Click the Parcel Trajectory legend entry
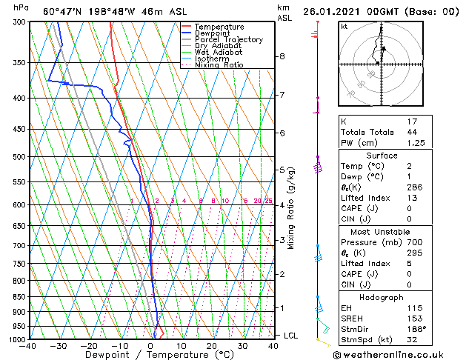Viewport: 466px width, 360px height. [x=228, y=39]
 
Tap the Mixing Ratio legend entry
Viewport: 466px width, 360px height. [x=219, y=65]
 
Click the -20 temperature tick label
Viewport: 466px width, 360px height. [x=89, y=346]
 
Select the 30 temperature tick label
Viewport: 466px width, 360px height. [x=242, y=346]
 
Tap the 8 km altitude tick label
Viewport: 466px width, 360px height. [x=282, y=56]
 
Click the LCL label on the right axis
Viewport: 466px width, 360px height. [x=291, y=336]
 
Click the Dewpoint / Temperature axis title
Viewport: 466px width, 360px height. [x=150, y=355]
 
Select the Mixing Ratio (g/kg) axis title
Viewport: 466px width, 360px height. [x=292, y=208]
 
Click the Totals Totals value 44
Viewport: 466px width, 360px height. [x=412, y=132]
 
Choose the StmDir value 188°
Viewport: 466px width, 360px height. [x=416, y=328]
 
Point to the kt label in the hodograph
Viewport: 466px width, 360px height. [x=344, y=26]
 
